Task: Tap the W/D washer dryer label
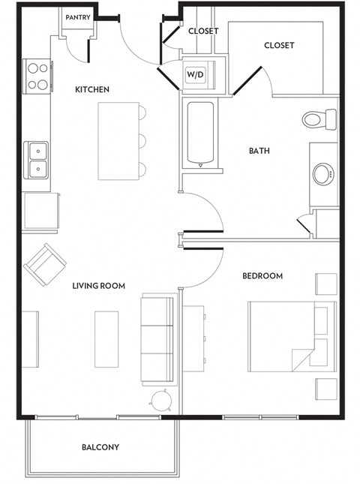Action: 195,74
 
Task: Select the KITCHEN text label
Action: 92,90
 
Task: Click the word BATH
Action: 259,151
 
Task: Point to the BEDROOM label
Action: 262,276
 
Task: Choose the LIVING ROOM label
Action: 98,286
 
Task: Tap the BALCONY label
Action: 100,448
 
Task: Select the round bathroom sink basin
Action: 322,175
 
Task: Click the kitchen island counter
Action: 118,140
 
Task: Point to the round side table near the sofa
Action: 162,400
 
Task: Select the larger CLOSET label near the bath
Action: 279,46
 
